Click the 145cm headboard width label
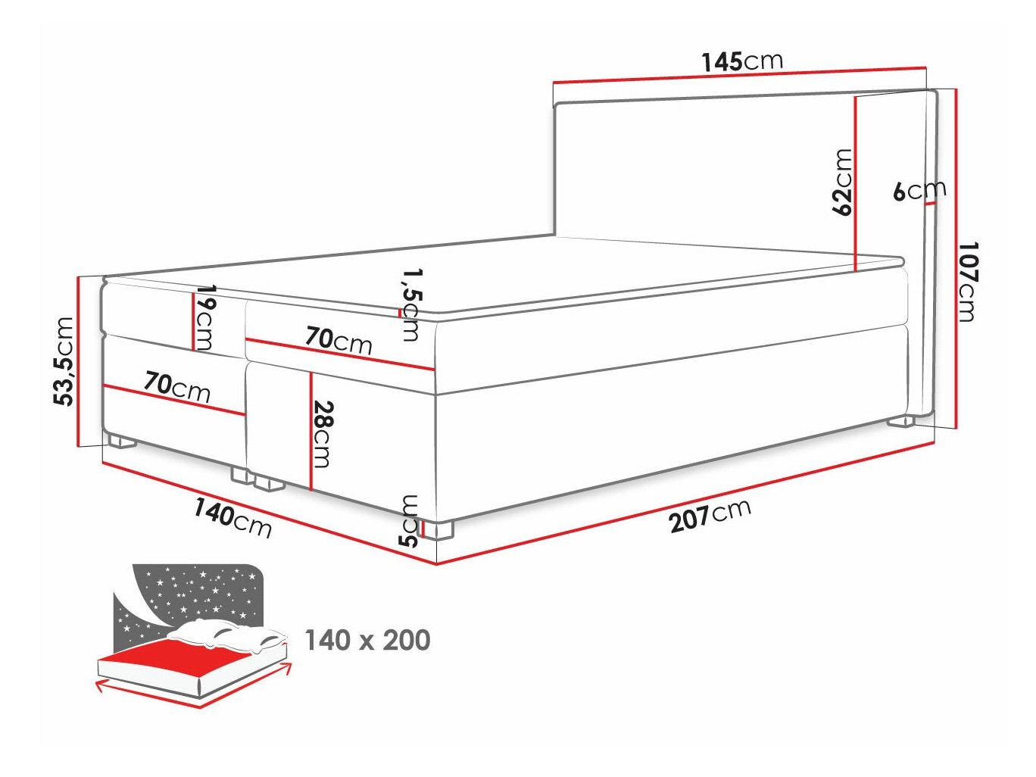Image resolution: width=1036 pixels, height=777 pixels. click(x=741, y=61)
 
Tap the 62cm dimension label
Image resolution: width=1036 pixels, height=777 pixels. click(x=841, y=183)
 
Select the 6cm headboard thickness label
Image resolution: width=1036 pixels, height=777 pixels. click(x=919, y=190)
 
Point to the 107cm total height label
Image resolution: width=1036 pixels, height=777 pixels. click(x=966, y=282)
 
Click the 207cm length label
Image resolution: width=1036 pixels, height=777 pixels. click(x=710, y=515)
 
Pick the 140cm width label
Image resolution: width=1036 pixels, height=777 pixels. click(x=232, y=517)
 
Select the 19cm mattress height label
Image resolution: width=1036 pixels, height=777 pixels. click(x=204, y=317)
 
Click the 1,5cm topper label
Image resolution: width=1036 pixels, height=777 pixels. click(x=410, y=304)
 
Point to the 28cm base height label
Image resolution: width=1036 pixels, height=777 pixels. click(x=323, y=433)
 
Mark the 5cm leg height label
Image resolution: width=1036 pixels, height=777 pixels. click(x=408, y=520)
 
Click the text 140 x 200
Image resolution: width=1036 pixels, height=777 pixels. click(x=367, y=641)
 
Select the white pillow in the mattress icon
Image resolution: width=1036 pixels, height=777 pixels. click(x=227, y=635)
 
